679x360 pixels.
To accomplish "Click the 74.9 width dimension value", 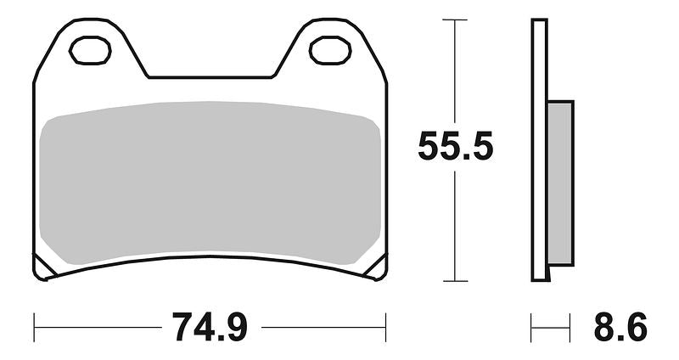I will (x=210, y=327).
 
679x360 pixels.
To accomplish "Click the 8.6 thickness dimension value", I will (x=620, y=327).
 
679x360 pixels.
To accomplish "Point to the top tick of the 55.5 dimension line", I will (x=455, y=19).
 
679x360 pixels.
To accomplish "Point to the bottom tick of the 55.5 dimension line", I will (x=455, y=281).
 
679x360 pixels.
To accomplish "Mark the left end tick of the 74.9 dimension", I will (x=34, y=327).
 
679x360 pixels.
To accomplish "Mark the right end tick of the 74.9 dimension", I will (x=386, y=327).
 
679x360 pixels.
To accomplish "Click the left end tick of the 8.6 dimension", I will (x=531, y=327).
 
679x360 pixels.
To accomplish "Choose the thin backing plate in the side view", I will (x=539, y=149).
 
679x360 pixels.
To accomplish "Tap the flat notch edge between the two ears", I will (x=210, y=77).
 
